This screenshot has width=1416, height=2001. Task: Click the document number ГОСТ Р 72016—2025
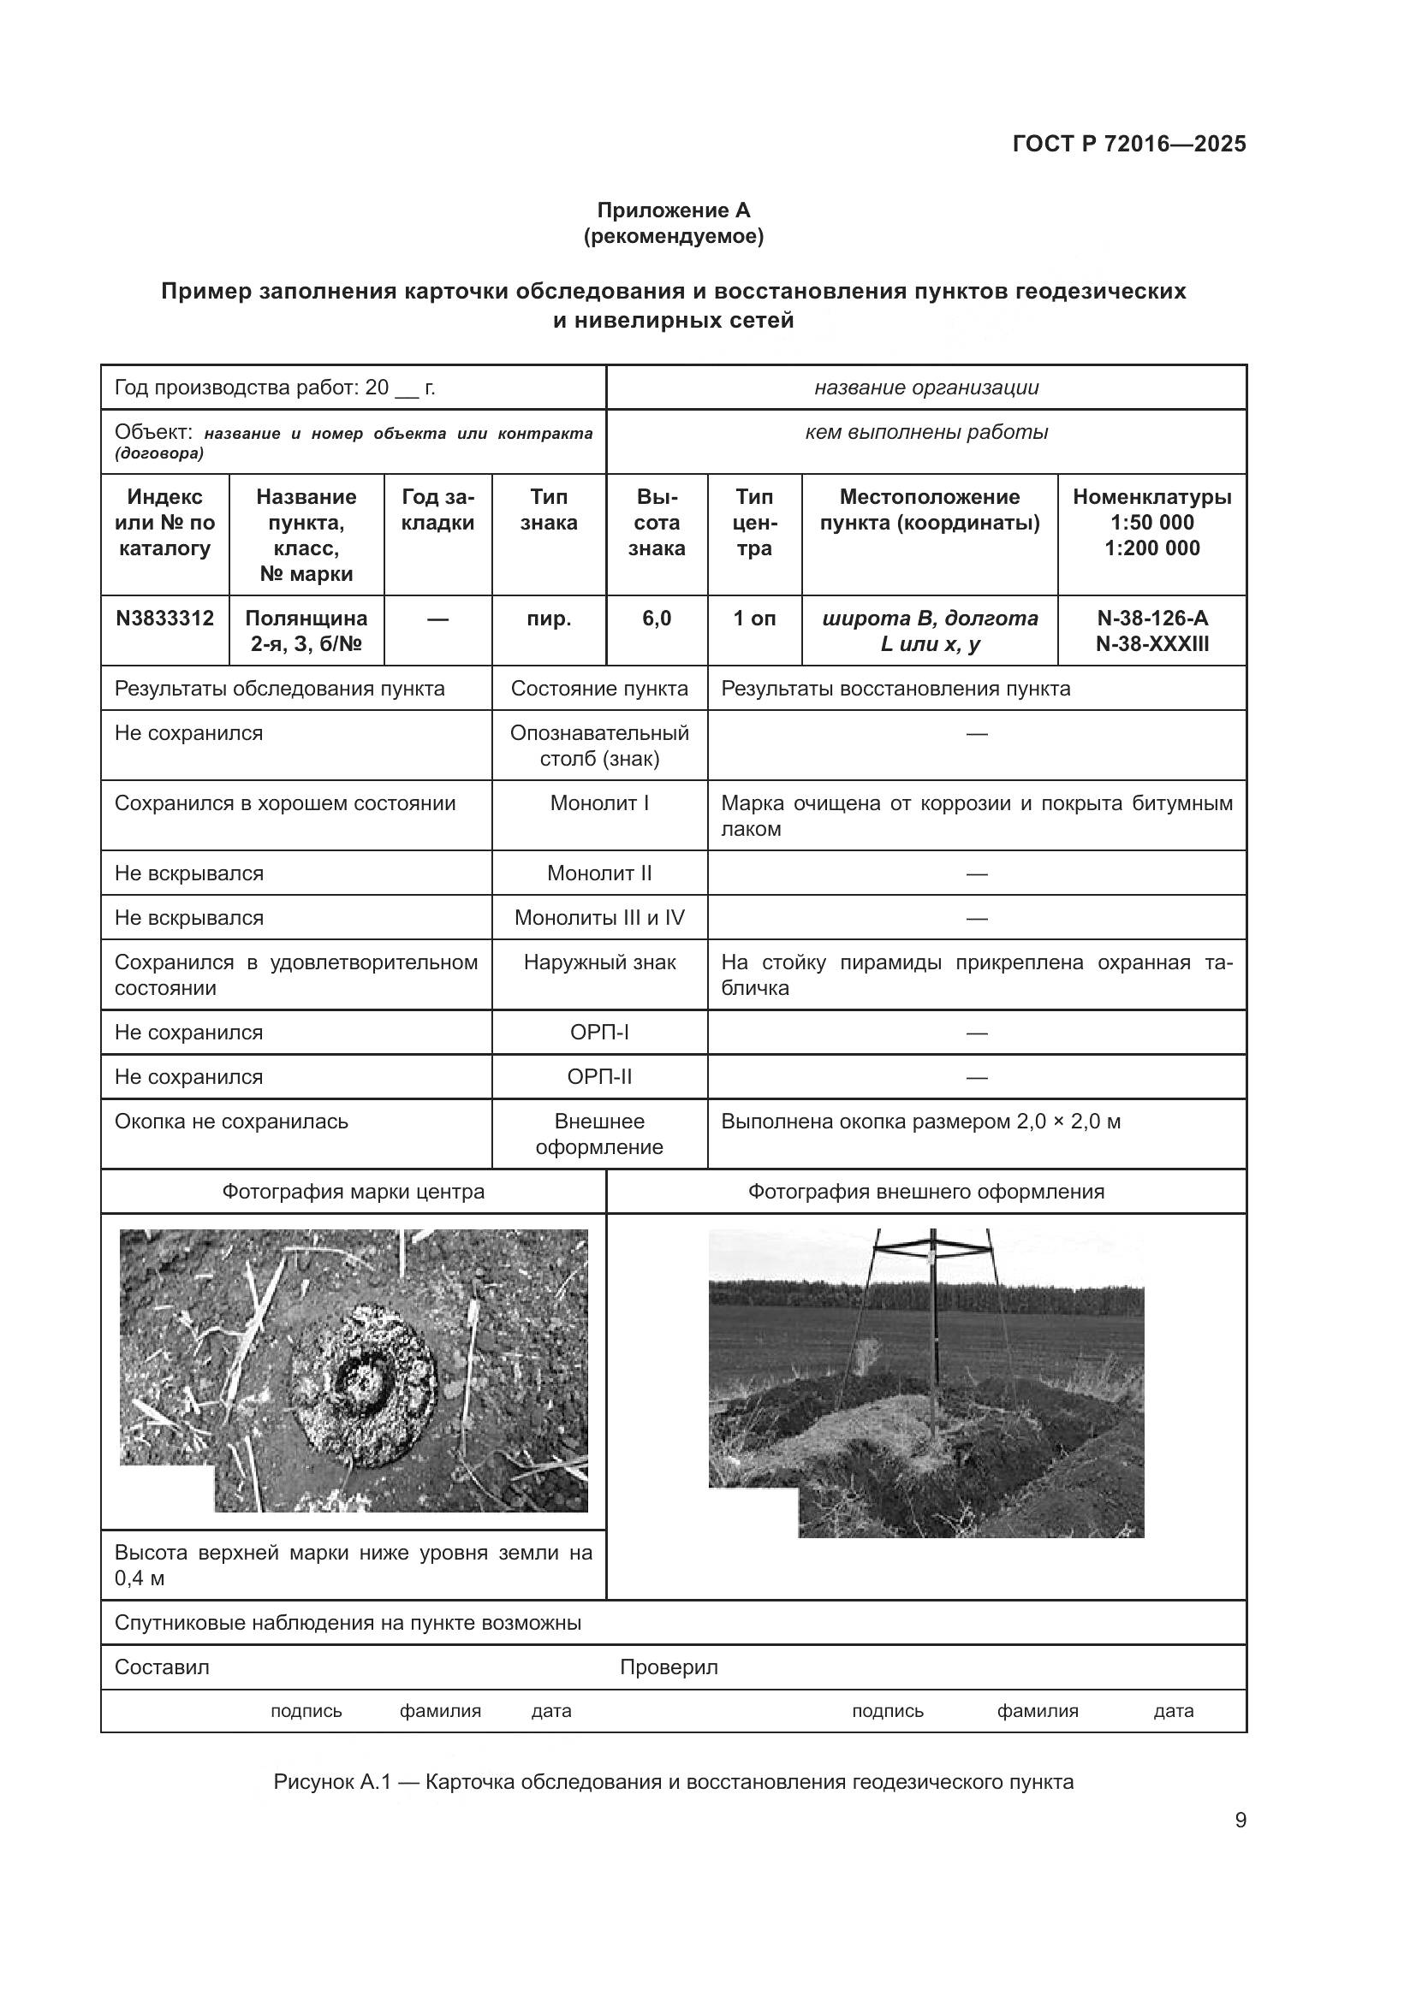click(1129, 144)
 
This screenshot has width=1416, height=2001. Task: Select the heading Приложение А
click(673, 210)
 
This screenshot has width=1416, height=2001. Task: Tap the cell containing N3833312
click(164, 619)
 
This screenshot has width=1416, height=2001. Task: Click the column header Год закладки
click(437, 510)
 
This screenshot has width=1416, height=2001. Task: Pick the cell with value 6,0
click(657, 619)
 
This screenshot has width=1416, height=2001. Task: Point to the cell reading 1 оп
click(754, 619)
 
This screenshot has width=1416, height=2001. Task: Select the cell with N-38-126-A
click(1151, 619)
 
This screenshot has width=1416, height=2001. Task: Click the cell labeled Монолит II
click(599, 873)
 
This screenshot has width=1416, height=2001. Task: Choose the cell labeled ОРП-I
click(599, 1033)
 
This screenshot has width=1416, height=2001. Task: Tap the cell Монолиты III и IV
click(599, 918)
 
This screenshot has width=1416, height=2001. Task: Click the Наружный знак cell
click(599, 962)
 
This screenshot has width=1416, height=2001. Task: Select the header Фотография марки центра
click(353, 1192)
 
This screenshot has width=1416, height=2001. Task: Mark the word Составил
click(162, 1667)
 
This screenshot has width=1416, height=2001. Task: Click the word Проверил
click(669, 1667)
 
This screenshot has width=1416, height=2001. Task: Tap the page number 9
click(1240, 1820)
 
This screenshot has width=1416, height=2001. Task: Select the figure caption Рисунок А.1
click(673, 1782)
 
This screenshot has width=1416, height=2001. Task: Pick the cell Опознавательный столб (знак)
click(599, 745)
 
